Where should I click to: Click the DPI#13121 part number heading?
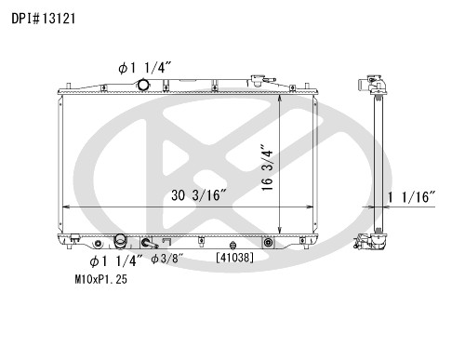pos(44,19)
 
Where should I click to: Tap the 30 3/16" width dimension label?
pos(199,195)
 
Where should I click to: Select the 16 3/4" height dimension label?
pos(267,167)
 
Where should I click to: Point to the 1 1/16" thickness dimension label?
pos(412,197)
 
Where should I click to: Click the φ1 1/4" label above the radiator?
pos(145,68)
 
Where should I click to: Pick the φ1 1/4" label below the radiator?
pos(116,261)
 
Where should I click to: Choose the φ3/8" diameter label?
pos(167,259)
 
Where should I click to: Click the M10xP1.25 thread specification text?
pos(101,279)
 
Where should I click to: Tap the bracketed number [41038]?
pos(234,257)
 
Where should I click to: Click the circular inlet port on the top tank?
pos(143,85)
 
